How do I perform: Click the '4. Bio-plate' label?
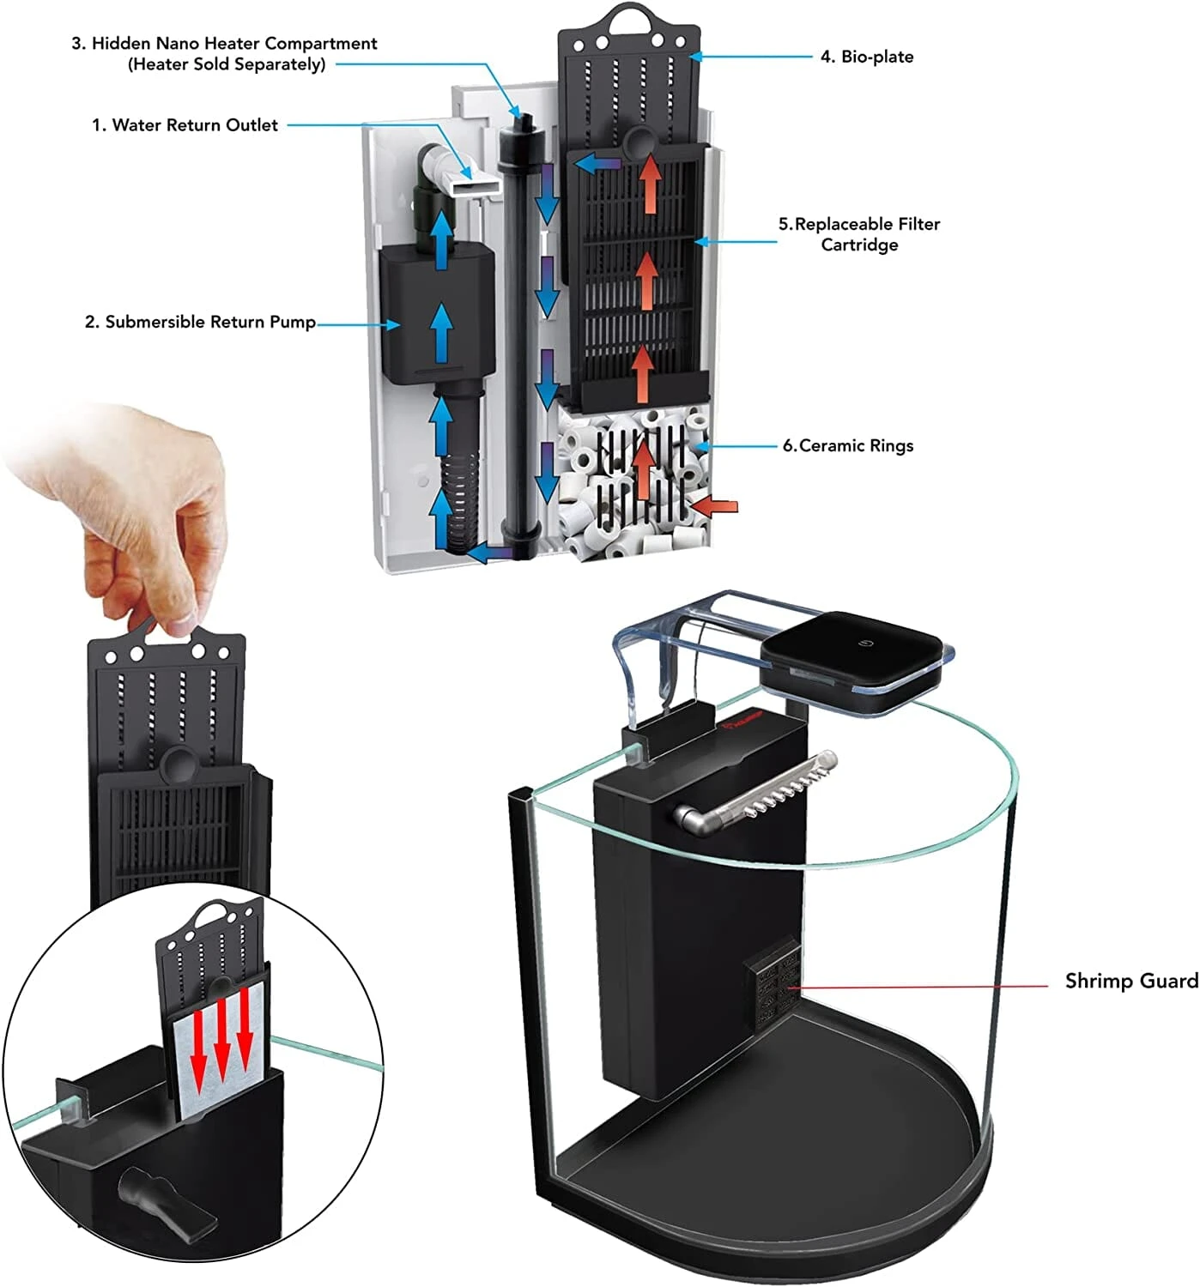[x=867, y=57]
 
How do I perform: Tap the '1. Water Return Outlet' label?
[x=185, y=125]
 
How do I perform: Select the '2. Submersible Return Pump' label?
[x=200, y=322]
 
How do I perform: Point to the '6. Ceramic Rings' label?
[x=848, y=445]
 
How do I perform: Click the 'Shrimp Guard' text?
[x=1130, y=981]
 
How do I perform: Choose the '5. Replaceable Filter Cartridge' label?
[x=859, y=234]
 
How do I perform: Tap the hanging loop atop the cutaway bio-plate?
[x=629, y=19]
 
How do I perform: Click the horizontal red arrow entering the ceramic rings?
[x=714, y=507]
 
